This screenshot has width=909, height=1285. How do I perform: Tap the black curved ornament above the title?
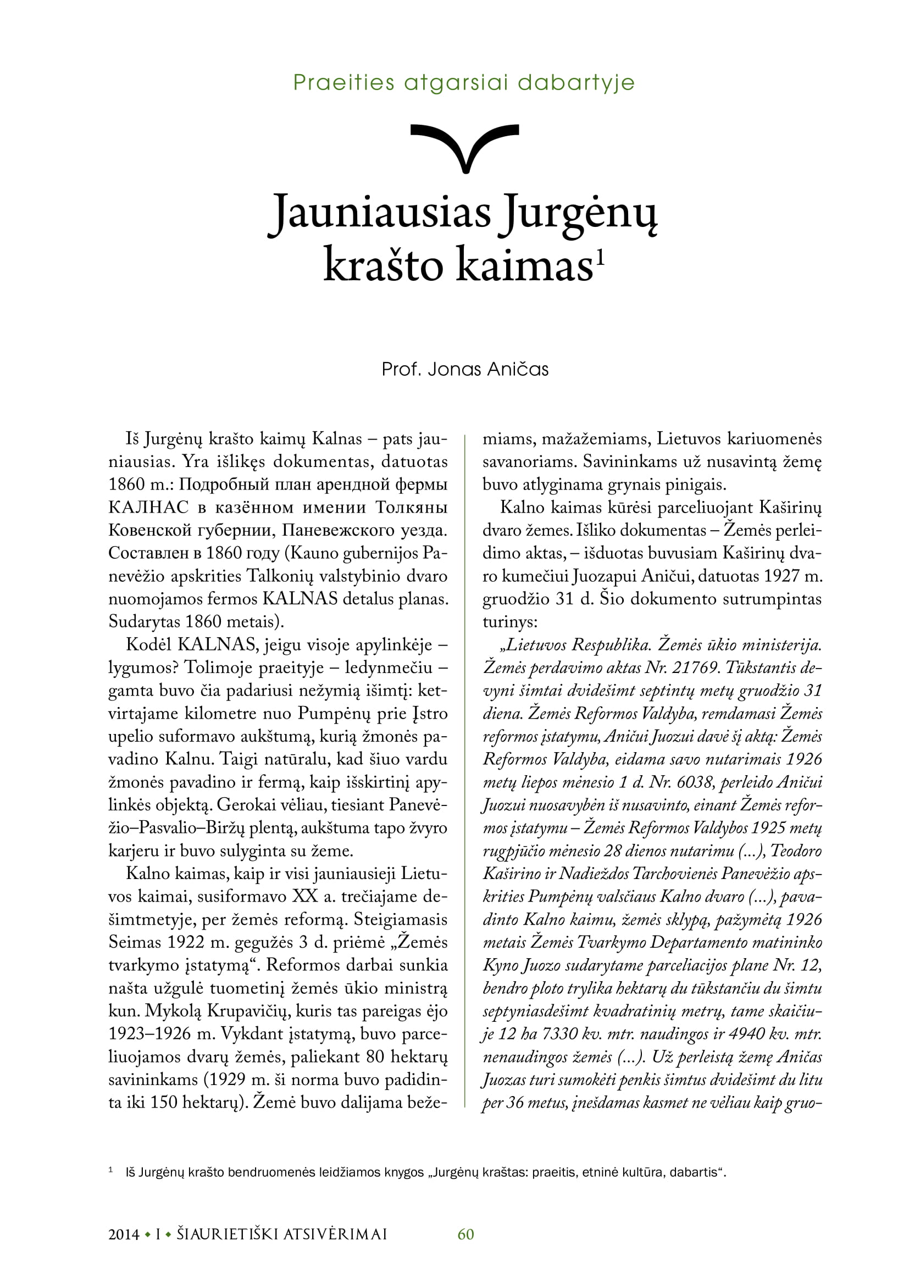coord(464,147)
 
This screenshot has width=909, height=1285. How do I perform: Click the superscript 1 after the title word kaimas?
coord(600,257)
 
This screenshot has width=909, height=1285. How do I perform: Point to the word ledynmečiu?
coord(389,667)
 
